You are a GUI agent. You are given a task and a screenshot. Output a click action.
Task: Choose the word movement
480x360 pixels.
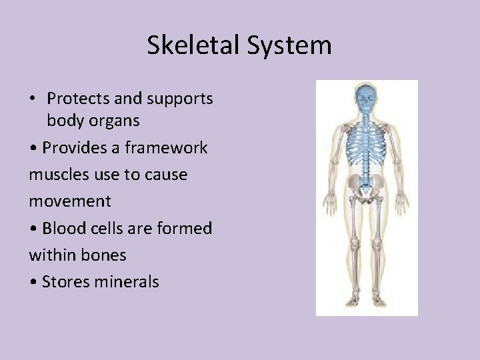pyautogui.click(x=70, y=201)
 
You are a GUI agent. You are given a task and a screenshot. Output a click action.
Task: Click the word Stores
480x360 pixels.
pyautogui.click(x=66, y=281)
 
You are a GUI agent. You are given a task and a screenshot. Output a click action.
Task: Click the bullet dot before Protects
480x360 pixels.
pyautogui.click(x=33, y=99)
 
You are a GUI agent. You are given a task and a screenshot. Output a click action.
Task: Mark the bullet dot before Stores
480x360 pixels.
pyautogui.click(x=33, y=282)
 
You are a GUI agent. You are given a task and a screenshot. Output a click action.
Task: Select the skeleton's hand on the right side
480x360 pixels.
pyautogui.click(x=402, y=202)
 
